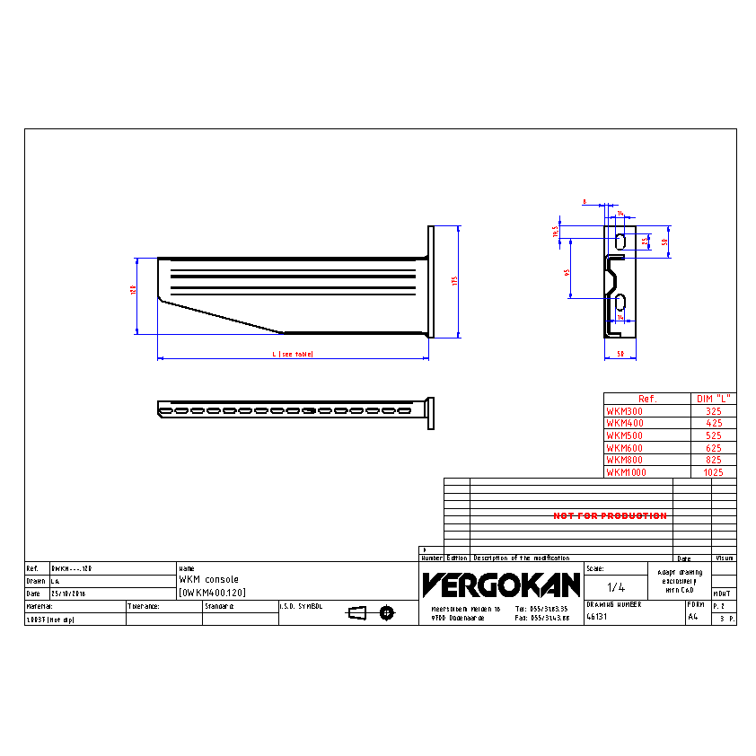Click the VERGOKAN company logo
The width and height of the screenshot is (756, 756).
501,585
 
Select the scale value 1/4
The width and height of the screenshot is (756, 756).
615,587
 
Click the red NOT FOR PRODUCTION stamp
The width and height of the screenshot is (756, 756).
610,516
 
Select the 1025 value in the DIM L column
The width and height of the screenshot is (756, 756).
714,472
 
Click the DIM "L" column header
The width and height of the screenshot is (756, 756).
714,399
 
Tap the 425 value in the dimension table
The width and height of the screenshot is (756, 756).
714,423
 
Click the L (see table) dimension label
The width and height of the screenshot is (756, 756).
293,355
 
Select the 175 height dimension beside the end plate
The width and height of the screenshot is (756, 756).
455,281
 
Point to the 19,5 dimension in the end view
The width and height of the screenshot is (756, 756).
556,232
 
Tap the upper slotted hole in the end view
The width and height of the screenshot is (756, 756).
620,240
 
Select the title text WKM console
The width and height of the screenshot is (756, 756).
209,580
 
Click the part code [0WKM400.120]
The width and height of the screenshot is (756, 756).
212,593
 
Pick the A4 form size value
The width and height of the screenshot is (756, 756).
692,618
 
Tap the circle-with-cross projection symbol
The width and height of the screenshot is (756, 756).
386,612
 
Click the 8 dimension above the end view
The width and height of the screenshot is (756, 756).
584,202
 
